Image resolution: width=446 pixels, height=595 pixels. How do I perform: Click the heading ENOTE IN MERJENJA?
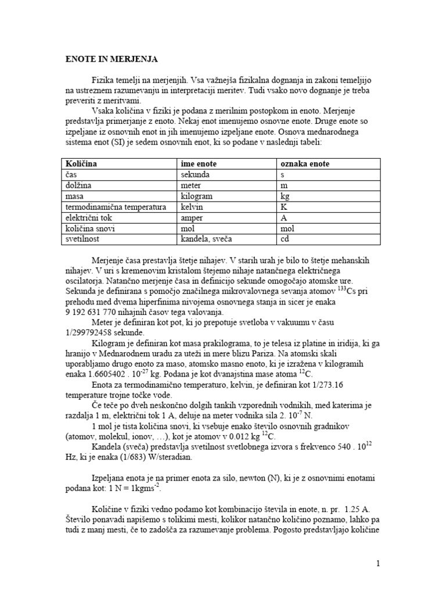110,59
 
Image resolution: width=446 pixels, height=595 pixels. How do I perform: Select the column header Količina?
81,164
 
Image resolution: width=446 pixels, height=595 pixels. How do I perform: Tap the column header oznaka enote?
304,164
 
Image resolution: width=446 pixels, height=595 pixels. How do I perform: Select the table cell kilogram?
197,196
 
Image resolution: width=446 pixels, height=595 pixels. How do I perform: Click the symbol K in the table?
283,207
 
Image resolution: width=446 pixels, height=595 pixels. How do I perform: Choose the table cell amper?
193,217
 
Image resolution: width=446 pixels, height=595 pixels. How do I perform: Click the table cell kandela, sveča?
207,239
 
